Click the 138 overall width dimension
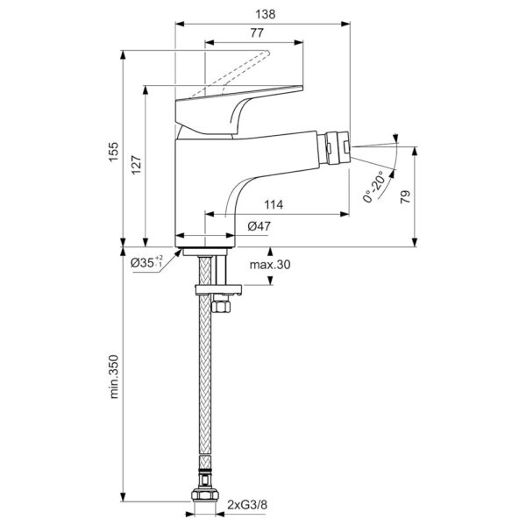[264, 15]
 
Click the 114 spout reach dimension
[274, 204]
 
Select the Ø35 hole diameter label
[145, 261]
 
